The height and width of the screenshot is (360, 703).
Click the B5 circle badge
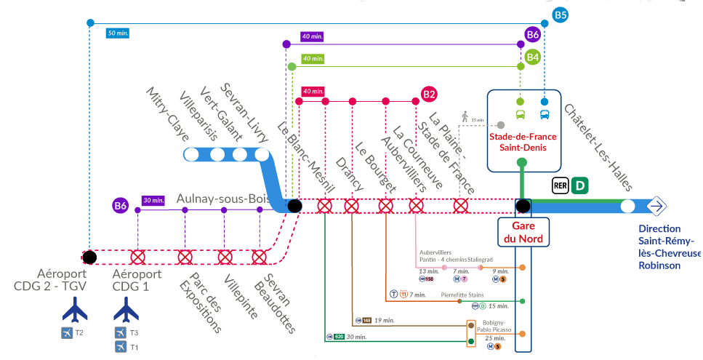pos(560,15)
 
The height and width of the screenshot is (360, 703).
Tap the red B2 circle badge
pos(429,94)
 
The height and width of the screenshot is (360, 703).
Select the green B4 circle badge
pos(533,57)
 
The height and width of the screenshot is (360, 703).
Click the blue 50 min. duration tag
pos(117,33)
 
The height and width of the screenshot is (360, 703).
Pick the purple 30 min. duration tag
pos(153,200)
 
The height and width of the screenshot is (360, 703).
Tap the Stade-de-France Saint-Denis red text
pos(523,142)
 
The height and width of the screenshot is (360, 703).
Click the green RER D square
pos(579,185)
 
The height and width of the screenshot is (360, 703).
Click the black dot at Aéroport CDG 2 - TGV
pos(89,256)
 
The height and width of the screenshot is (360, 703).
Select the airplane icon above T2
pos(74,311)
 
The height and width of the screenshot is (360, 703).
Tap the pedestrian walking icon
pos(465,115)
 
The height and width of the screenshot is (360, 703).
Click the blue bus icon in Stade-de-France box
pos(544,114)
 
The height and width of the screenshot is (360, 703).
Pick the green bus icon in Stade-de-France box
pos(521,114)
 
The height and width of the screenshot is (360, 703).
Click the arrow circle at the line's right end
pos(656,207)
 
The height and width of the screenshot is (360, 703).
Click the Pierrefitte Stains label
pos(462,295)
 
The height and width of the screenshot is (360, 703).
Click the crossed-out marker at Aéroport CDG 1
pos(137,257)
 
